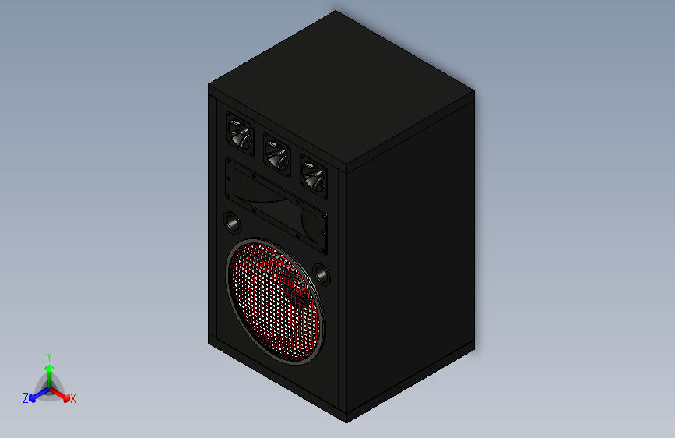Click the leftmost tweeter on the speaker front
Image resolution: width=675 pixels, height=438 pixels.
tap(240, 132)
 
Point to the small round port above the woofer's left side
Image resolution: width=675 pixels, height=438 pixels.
tap(233, 223)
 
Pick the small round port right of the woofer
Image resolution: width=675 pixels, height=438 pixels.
tap(321, 275)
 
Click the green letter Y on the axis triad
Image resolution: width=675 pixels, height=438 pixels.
tap(48, 355)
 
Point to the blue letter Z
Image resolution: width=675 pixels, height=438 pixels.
tap(25, 398)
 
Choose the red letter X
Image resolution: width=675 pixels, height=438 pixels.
tap(73, 399)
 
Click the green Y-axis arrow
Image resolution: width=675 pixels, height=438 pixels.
tap(48, 369)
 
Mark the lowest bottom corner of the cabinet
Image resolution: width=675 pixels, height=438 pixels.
tap(346, 422)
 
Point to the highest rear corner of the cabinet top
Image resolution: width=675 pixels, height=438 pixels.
tap(336, 11)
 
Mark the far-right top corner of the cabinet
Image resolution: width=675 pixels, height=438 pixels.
tap(473, 92)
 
